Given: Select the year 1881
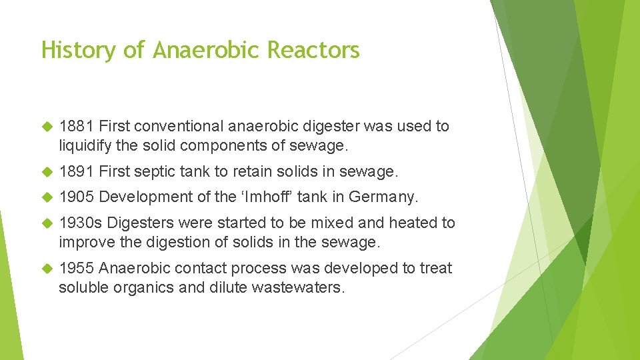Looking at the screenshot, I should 76,126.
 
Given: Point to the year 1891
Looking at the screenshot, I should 76,172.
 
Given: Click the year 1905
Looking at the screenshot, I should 76,197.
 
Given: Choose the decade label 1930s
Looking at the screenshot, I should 80,223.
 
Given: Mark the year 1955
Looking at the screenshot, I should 76,268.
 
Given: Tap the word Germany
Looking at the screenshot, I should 383,197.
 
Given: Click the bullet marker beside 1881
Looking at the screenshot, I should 47,127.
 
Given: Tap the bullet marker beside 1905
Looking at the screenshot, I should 47,198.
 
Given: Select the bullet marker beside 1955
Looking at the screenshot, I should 47,269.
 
